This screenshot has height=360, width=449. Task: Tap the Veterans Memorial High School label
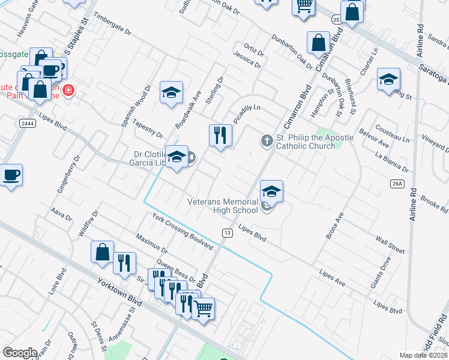[223, 206]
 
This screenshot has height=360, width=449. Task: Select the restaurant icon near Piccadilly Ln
[220, 135]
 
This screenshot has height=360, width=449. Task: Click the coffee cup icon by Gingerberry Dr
[11, 176]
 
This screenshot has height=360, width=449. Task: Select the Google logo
[20, 353]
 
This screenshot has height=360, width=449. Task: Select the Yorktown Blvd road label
[118, 290]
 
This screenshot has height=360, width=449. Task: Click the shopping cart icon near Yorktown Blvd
[203, 310]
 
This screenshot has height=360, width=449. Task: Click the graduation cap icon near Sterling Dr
[171, 92]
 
